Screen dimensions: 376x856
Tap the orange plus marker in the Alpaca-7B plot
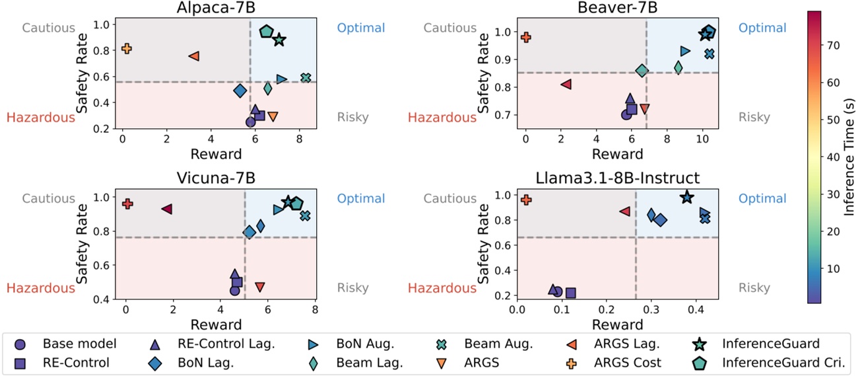pyautogui.click(x=127, y=48)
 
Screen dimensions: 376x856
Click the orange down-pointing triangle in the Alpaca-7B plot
pyautogui.click(x=273, y=116)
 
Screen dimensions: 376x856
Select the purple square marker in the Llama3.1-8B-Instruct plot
pyautogui.click(x=571, y=293)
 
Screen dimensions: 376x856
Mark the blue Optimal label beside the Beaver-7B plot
pyautogui.click(x=762, y=28)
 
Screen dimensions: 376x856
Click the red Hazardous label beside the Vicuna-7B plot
pyautogui.click(x=41, y=288)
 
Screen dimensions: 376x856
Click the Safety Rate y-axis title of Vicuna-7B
pyautogui.click(x=83, y=245)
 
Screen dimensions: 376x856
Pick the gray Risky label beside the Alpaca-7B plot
pyautogui.click(x=353, y=118)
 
